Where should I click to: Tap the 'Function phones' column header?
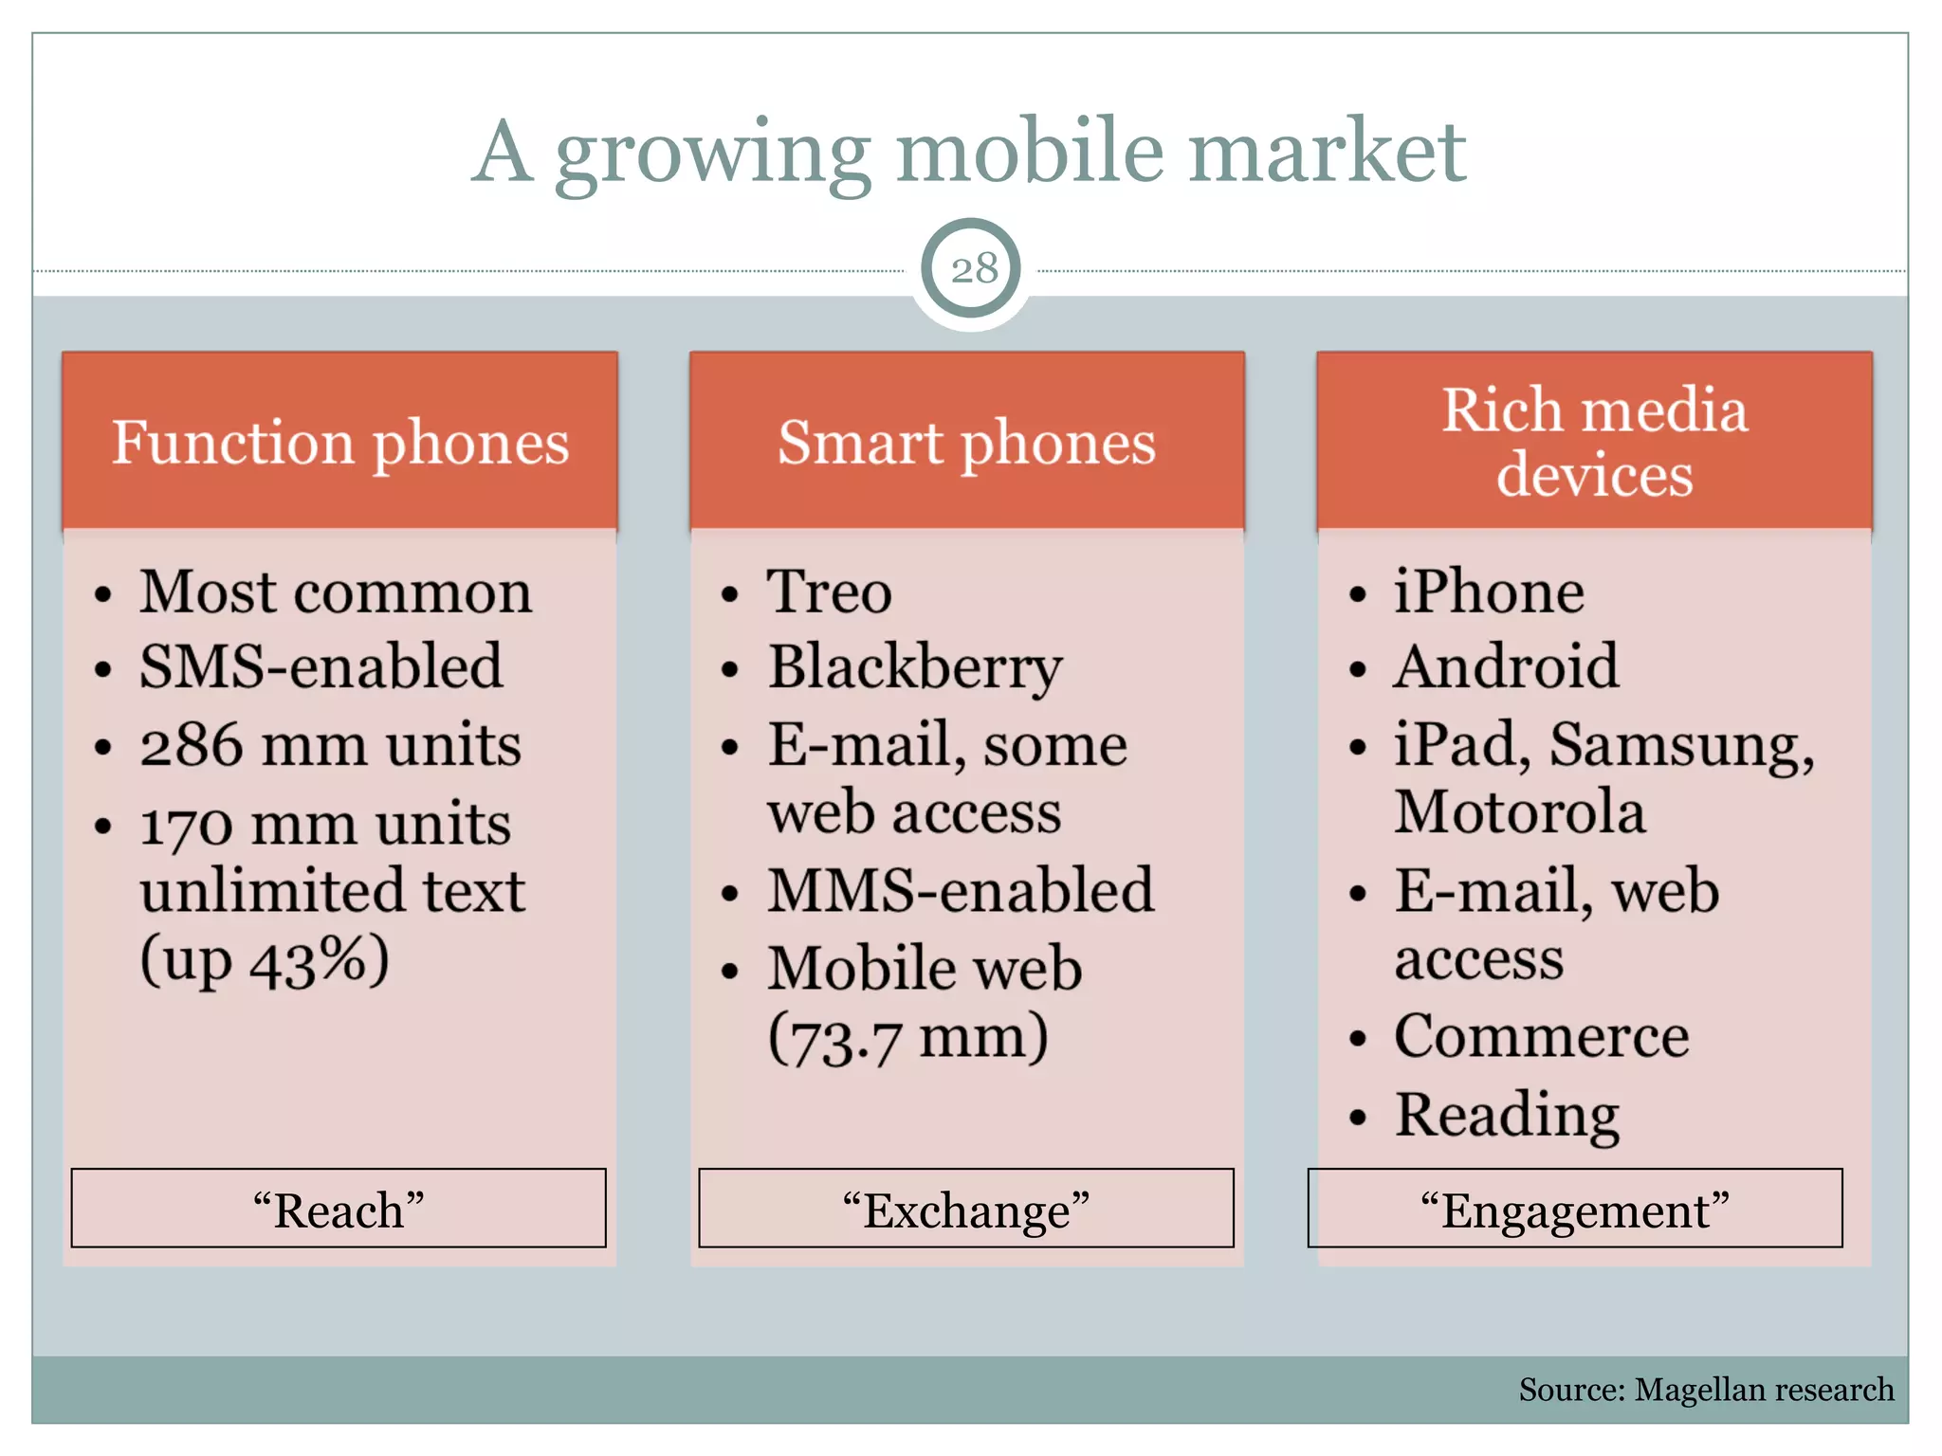pos(339,443)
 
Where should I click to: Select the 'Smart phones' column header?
pos(966,443)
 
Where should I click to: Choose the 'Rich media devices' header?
pos(1594,442)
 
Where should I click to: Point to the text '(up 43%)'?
pos(265,960)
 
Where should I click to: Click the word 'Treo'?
pos(829,592)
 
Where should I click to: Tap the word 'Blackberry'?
pos(914,668)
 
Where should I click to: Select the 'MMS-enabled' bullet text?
pos(961,891)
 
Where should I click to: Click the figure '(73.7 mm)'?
pos(907,1038)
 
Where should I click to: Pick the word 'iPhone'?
pos(1489,592)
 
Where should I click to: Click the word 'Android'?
pos(1506,666)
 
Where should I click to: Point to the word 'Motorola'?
pos(1519,812)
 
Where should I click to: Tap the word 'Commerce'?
pos(1541,1035)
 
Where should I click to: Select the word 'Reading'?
pos(1507,1115)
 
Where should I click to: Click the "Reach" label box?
pos(339,1209)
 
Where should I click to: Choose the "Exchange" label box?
pos(966,1209)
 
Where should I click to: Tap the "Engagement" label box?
pos(1574,1209)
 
